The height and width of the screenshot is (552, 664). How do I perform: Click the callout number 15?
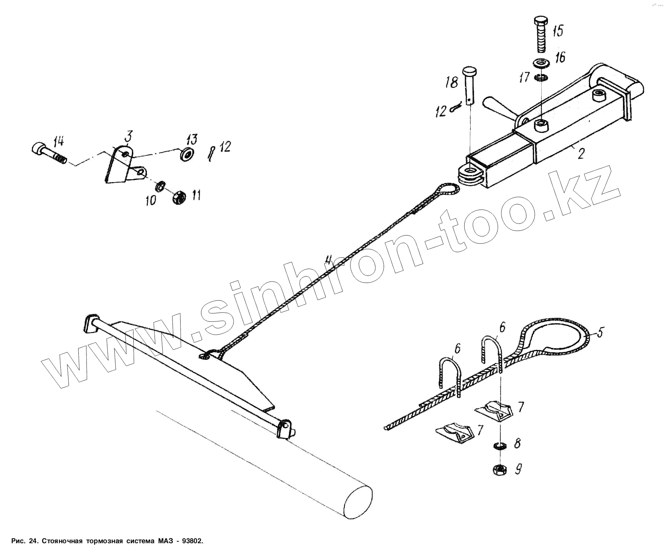tap(557, 31)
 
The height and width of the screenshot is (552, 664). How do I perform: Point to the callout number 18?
tap(452, 82)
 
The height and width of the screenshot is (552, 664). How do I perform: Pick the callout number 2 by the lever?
tap(581, 154)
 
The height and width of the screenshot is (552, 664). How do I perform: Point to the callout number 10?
tap(151, 200)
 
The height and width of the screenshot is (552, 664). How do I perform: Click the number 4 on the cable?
tap(329, 260)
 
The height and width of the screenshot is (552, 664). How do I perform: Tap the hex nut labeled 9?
tap(499, 470)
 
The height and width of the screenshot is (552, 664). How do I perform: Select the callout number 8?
tap(517, 444)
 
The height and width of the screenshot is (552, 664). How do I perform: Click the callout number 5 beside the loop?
tap(599, 332)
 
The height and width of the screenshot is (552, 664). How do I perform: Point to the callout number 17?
tap(524, 77)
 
